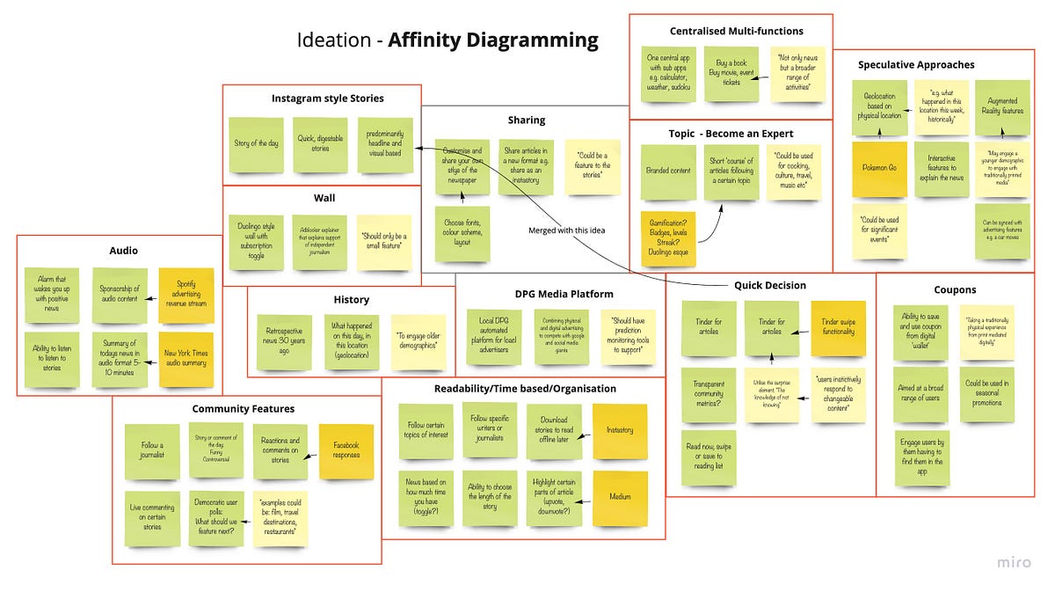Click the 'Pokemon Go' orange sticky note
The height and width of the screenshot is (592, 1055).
[x=880, y=167]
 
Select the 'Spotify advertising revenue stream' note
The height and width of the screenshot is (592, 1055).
[x=186, y=295]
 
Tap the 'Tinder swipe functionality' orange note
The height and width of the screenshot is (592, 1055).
[x=838, y=330]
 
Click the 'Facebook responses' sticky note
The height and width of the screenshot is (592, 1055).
[x=346, y=450]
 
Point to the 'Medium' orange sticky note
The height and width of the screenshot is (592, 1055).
[x=620, y=498]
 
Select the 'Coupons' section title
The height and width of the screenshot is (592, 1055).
[x=955, y=289]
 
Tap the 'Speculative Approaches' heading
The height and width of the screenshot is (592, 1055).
[x=916, y=64]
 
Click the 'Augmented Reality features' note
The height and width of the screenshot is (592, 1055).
[x=1002, y=107]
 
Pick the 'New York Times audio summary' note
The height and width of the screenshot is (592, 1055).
[x=186, y=360]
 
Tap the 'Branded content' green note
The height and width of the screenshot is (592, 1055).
[x=669, y=172]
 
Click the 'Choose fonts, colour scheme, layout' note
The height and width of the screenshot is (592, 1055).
[x=462, y=234]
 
